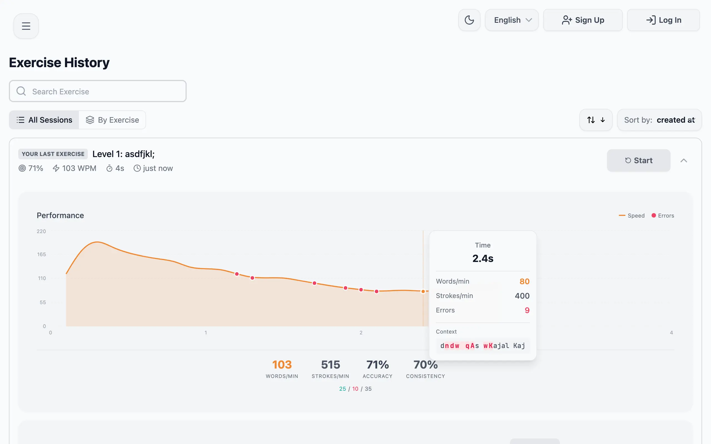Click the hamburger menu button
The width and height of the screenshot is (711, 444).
pyautogui.click(x=26, y=26)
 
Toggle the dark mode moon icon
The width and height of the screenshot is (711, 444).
pyautogui.click(x=469, y=20)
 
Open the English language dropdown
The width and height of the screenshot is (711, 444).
pyautogui.click(x=512, y=20)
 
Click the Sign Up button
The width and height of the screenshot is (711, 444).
pyautogui.click(x=583, y=20)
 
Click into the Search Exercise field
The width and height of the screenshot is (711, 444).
pyautogui.click(x=97, y=91)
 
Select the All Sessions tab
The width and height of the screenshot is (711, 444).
pyautogui.click(x=44, y=120)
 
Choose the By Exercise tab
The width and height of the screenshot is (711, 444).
pyautogui.click(x=112, y=120)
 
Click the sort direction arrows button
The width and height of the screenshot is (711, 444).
pyautogui.click(x=595, y=120)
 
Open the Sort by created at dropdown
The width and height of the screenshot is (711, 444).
pyautogui.click(x=659, y=120)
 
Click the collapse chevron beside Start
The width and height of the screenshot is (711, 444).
pyautogui.click(x=684, y=161)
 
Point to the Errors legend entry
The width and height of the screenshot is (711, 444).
pyautogui.click(x=663, y=216)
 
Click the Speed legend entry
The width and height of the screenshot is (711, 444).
pyautogui.click(x=632, y=216)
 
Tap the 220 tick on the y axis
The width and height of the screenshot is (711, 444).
pyautogui.click(x=41, y=231)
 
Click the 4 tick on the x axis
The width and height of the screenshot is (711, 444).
pyautogui.click(x=671, y=333)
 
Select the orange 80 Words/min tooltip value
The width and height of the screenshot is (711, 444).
pyautogui.click(x=524, y=281)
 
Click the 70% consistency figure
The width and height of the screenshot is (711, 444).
pyautogui.click(x=425, y=365)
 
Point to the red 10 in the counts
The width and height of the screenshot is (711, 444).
pyautogui.click(x=355, y=389)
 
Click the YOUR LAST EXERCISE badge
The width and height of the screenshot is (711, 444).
pyautogui.click(x=53, y=154)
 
